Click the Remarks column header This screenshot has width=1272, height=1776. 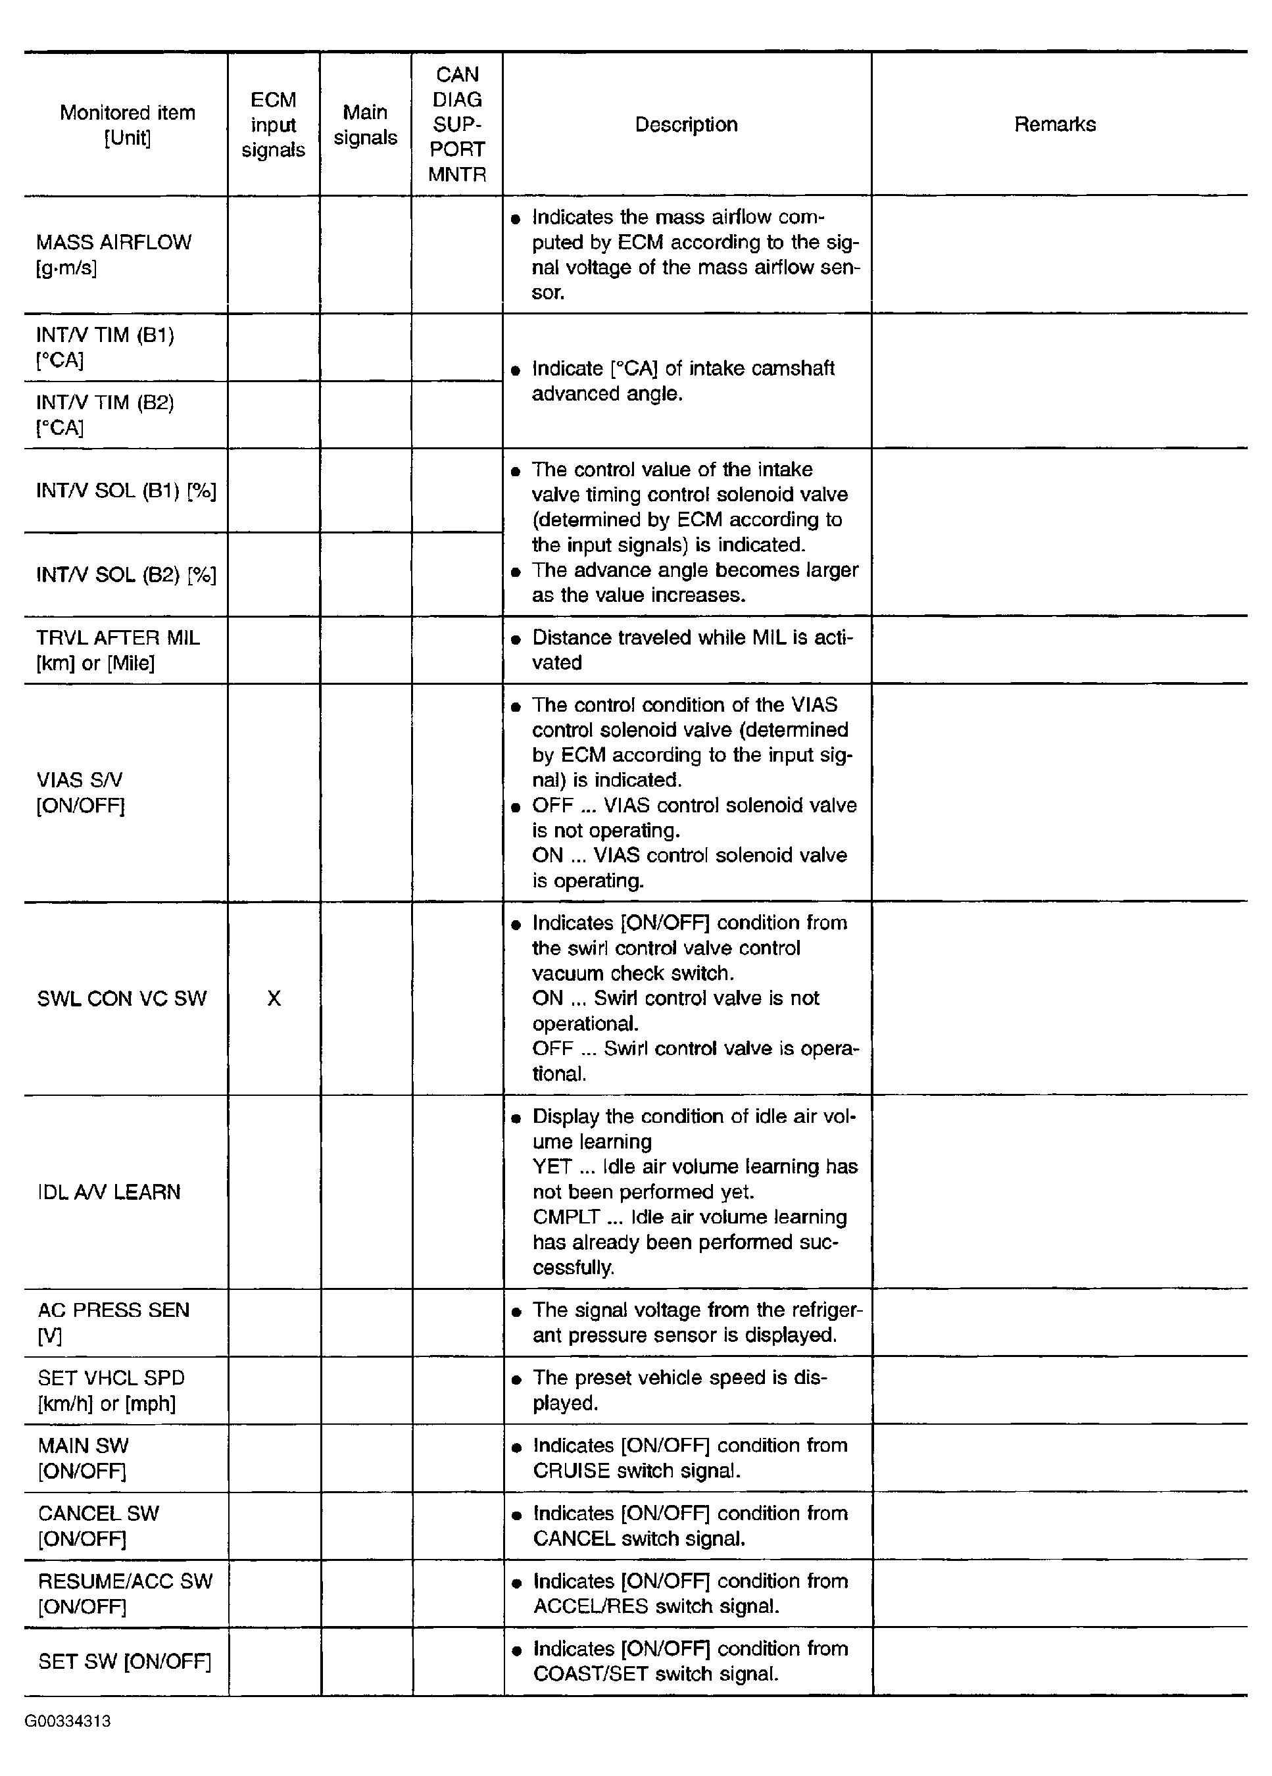(1054, 124)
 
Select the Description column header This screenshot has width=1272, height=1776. (686, 124)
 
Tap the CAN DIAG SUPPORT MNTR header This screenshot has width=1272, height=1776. (457, 124)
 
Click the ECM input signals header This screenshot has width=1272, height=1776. (273, 124)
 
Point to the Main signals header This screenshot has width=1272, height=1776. (366, 124)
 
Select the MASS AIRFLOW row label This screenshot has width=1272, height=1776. (114, 255)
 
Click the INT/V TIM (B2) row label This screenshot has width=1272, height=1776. (105, 414)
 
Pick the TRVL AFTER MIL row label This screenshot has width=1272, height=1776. (118, 650)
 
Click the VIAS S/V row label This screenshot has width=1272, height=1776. (80, 792)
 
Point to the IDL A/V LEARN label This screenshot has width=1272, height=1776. (109, 1192)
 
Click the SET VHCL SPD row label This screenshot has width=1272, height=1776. (111, 1390)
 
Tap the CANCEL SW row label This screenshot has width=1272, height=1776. (98, 1525)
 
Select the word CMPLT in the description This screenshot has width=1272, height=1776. (566, 1217)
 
